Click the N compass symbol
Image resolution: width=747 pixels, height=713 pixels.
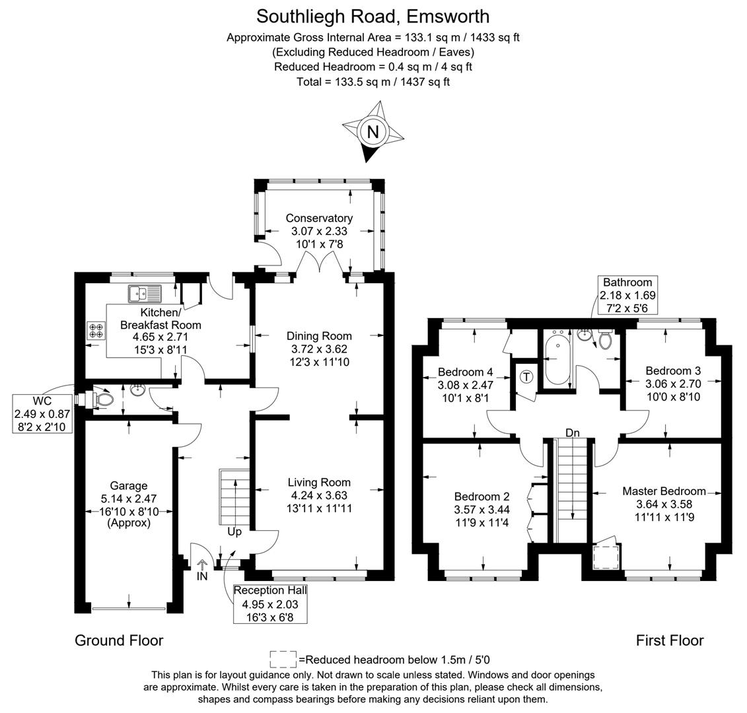pos(373,132)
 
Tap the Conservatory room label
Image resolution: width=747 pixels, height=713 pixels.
pos(319,218)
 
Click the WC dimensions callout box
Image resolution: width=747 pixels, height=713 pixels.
pos(42,413)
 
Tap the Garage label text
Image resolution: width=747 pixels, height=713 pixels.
pos(129,486)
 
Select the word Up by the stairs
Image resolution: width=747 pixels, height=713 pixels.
pos(235,531)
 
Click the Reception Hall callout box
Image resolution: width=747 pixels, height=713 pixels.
pos(270,603)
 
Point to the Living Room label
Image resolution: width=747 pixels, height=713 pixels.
pos(319,483)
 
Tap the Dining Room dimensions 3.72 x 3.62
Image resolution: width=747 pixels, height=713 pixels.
pos(319,349)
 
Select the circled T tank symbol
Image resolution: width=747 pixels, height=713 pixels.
pos(526,377)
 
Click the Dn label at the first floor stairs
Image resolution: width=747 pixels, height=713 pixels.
pos(573,432)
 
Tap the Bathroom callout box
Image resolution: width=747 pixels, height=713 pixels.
pos(627,295)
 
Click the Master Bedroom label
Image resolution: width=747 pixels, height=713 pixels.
pos(664,491)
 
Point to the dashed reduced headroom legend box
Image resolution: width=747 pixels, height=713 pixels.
pos(283,659)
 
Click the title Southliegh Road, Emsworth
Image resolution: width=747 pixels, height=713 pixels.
pos(373,15)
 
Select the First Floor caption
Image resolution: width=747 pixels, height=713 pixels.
pos(670,640)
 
